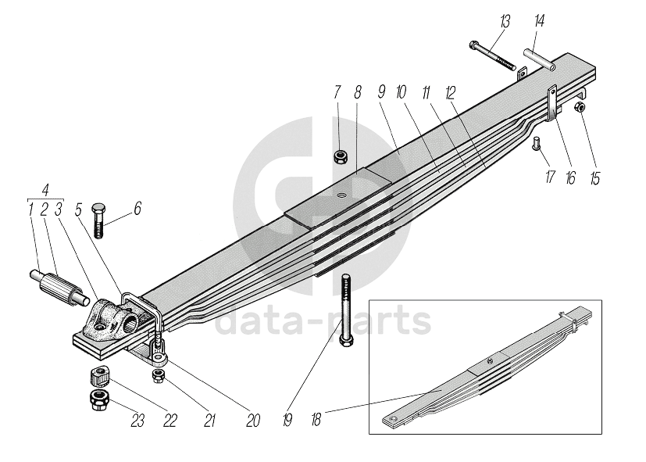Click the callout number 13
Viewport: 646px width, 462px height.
(504, 20)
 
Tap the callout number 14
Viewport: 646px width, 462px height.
(539, 20)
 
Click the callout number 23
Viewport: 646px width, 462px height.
(138, 421)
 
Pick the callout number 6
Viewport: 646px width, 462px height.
(137, 209)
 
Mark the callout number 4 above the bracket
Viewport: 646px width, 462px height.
(47, 190)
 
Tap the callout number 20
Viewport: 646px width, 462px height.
(252, 421)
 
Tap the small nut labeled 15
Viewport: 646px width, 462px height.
(580, 107)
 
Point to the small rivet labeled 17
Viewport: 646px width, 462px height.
(537, 142)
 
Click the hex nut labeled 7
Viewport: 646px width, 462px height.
(341, 158)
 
